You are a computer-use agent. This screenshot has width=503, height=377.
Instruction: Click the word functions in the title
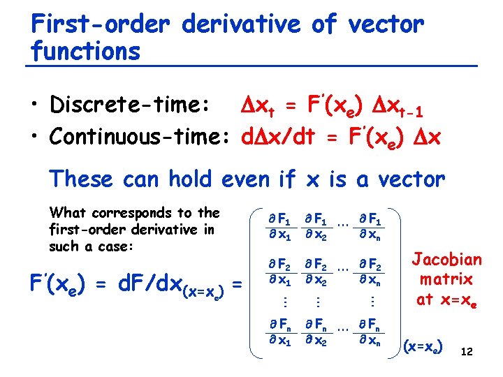tap(85, 51)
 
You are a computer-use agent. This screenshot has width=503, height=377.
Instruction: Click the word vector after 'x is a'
tap(404, 179)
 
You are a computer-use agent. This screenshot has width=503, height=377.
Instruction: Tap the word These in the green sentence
tap(82, 179)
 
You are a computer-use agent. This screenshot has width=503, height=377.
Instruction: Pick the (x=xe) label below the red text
tap(423, 345)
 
